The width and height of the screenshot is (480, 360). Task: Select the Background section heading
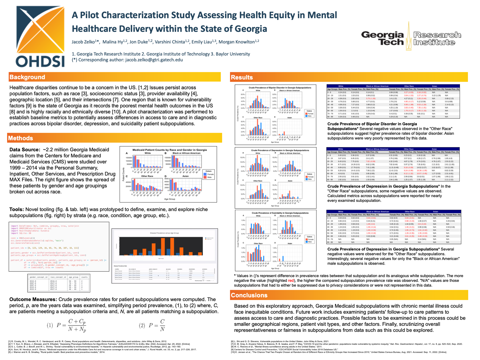[x=27, y=77]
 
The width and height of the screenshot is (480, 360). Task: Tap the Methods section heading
[x=21, y=138]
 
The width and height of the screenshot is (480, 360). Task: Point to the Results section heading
[x=242, y=77]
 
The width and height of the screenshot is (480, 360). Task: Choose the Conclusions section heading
[x=249, y=295]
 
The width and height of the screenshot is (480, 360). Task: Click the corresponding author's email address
[x=154, y=60]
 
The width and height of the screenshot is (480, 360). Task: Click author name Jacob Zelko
[x=83, y=42]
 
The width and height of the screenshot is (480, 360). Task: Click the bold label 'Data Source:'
[x=25, y=150]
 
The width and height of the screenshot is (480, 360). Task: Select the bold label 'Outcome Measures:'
[x=33, y=299]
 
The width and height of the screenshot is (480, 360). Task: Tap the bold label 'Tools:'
[x=17, y=209]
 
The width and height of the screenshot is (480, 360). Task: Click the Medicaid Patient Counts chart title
[x=170, y=150]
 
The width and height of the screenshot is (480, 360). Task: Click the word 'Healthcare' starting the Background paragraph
[x=22, y=87]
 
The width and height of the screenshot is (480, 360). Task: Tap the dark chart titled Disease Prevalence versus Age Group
[x=164, y=244]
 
